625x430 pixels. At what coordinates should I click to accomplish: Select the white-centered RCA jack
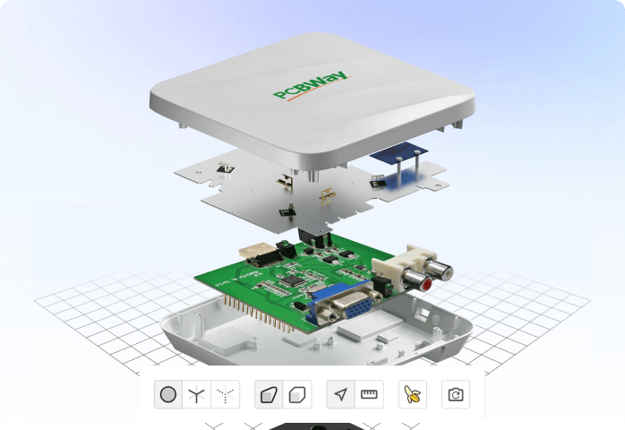(x=440, y=267)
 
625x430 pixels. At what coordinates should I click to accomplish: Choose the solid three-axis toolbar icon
(x=196, y=394)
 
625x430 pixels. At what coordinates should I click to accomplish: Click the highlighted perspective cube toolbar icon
(x=269, y=394)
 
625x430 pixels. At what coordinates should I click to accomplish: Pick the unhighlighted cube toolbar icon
(x=297, y=394)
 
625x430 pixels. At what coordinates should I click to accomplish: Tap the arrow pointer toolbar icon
(x=340, y=394)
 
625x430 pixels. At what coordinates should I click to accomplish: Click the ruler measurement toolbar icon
(x=369, y=394)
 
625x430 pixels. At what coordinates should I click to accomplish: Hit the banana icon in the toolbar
(x=413, y=394)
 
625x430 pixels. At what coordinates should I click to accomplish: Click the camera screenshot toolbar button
(x=456, y=394)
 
